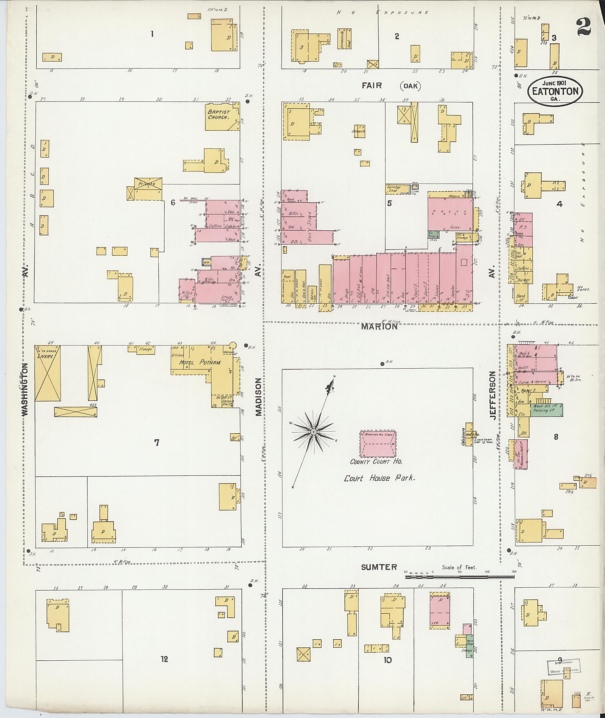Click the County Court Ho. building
[378, 444]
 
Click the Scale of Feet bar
[460, 577]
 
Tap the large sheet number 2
[583, 27]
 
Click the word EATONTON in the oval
[555, 91]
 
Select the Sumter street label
[379, 567]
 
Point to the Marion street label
[379, 326]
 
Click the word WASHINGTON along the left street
[25, 390]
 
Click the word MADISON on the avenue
[258, 397]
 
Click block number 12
[165, 659]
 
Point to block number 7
[157, 443]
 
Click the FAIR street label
[372, 85]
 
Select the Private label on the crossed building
[147, 184]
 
